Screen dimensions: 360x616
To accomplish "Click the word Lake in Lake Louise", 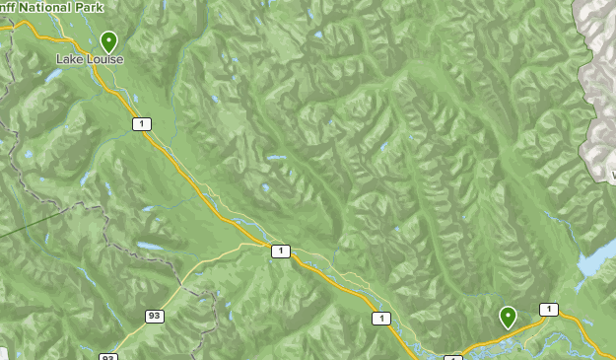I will [68, 59].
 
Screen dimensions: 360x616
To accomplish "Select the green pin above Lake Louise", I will [108, 41].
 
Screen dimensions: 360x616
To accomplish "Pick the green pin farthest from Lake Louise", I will [508, 317].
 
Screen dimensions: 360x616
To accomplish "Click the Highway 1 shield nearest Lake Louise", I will [144, 123].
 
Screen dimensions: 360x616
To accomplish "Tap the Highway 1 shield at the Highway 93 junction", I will [281, 252].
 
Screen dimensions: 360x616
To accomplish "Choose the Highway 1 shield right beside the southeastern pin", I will [548, 310].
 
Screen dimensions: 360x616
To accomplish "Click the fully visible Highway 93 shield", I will [155, 316].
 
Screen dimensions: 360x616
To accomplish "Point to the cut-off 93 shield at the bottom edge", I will [108, 356].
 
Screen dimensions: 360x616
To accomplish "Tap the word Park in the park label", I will [91, 6].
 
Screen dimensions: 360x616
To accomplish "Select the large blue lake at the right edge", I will [595, 258].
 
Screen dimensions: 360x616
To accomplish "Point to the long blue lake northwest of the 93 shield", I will [150, 247].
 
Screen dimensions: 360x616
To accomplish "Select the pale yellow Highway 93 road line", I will [197, 276].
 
